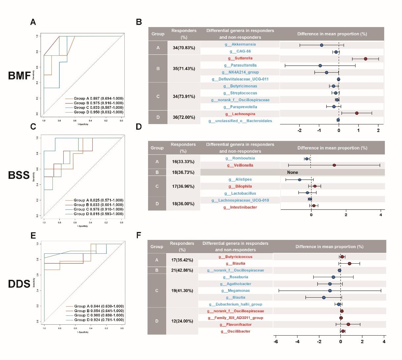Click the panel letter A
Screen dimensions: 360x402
pyautogui.click(x=33, y=22)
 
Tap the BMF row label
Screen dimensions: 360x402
pyautogui.click(x=19, y=76)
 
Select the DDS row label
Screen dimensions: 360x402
pyautogui.click(x=19, y=284)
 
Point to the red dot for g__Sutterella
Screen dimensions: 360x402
pyautogui.click(x=365, y=59)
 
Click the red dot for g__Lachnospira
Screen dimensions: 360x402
pyautogui.click(x=357, y=113)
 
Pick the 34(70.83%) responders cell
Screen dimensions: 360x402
pyautogui.click(x=184, y=48)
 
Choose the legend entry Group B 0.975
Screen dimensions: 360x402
pyautogui.click(x=98, y=103)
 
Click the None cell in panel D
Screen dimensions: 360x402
pyautogui.click(x=292, y=172)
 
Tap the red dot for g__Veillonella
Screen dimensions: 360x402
pyautogui.click(x=334, y=165)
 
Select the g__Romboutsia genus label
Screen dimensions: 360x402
pyautogui.click(x=240, y=158)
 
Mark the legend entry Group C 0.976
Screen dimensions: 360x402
pyautogui.click(x=98, y=209)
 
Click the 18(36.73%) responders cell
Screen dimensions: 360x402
pyautogui.click(x=183, y=172)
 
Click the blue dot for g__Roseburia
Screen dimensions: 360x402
pyautogui.click(x=333, y=277)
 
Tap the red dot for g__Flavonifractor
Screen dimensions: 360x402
pyautogui.click(x=348, y=324)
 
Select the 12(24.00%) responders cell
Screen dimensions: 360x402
pyautogui.click(x=182, y=321)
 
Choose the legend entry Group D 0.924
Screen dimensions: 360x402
pyautogui.click(x=99, y=320)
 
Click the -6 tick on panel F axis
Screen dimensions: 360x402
pyautogui.click(x=276, y=342)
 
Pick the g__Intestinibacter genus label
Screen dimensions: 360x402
pyautogui.click(x=240, y=207)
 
